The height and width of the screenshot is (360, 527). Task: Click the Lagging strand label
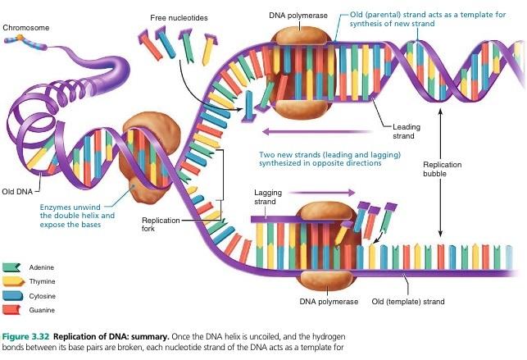(x=265, y=196)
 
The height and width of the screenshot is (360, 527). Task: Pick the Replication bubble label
(x=442, y=169)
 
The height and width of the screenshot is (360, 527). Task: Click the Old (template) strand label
(x=408, y=302)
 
